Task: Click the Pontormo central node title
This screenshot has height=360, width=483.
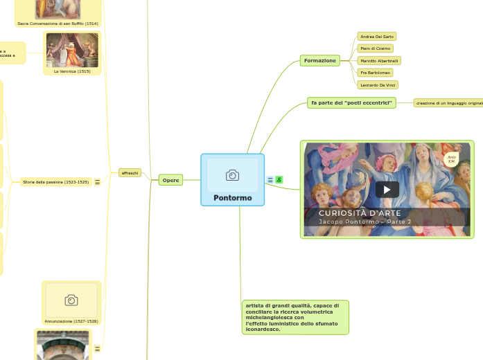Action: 232,197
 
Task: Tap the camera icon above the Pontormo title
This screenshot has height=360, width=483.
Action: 232,175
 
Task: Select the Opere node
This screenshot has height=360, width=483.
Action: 170,180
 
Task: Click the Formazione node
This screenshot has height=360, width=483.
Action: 319,61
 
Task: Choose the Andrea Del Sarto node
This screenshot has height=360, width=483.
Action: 377,36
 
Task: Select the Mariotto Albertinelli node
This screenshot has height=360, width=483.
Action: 379,61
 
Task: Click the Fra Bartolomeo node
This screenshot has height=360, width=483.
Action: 376,73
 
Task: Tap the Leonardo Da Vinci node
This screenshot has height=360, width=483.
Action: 378,84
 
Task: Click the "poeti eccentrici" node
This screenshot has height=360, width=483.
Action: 351,103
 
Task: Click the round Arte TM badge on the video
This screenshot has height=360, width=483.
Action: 452,160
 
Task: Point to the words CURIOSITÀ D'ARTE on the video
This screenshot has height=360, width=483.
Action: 359,213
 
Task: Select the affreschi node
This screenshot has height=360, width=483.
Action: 130,172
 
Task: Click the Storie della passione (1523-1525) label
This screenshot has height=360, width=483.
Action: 55,182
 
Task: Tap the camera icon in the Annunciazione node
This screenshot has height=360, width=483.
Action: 71,300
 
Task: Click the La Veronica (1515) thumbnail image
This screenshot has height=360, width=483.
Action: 72,51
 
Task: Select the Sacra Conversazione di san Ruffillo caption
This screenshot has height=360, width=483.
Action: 58,24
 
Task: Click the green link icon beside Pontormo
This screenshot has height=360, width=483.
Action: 279,180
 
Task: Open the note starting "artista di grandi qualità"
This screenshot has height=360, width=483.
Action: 295,317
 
